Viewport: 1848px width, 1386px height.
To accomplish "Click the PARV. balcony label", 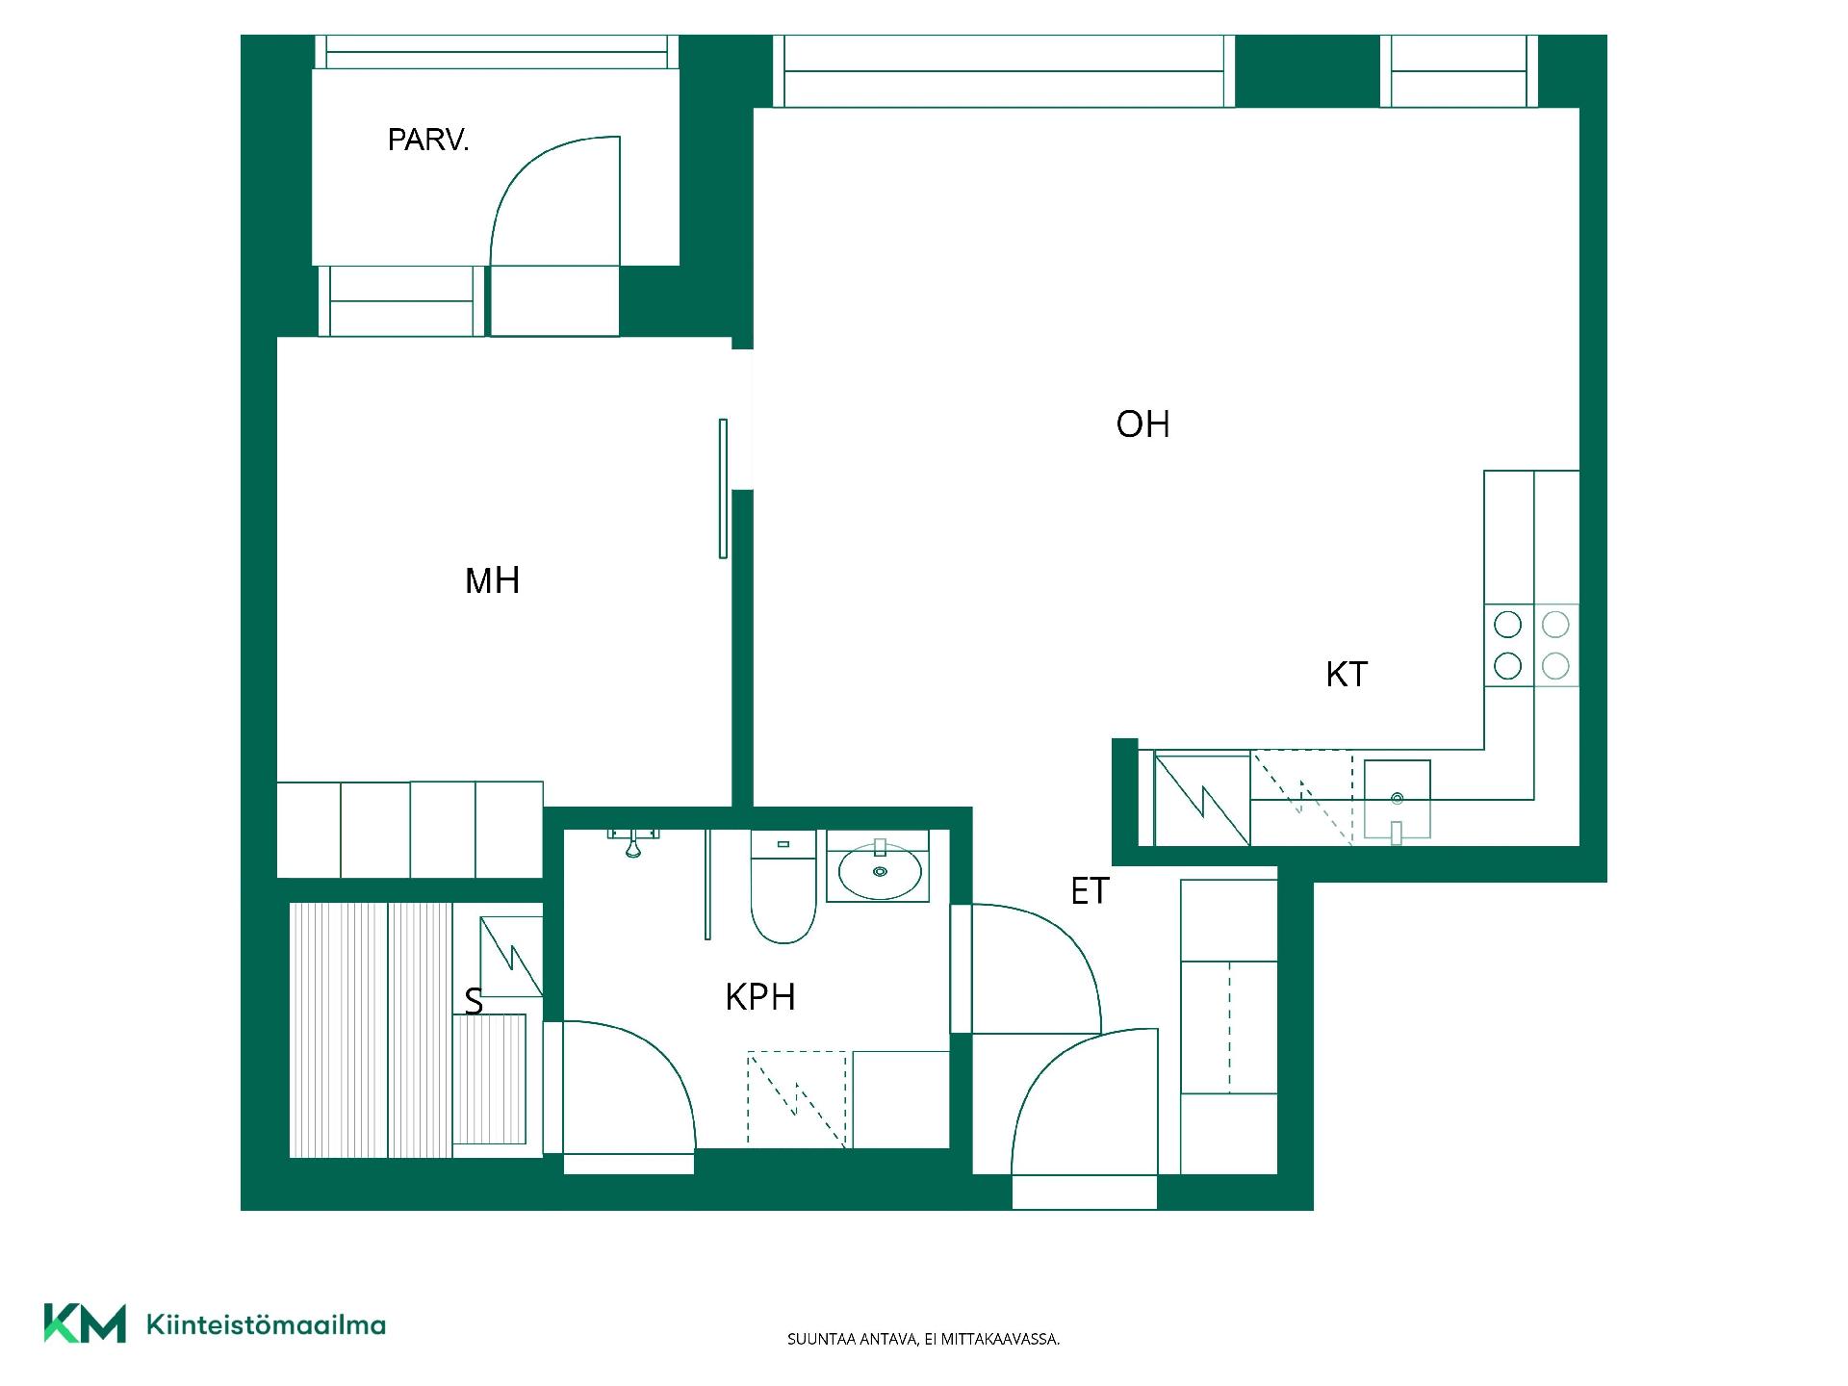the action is point(427,141).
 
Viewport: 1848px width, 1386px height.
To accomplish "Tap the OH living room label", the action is point(1142,423).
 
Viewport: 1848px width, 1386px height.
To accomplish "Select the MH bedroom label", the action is point(492,580).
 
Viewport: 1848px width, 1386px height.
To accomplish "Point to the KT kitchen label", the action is point(1346,674).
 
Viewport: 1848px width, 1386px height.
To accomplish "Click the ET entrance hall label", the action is point(1090,891).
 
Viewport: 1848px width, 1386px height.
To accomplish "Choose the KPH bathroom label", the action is point(760,997).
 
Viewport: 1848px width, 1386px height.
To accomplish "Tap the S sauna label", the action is point(474,1002).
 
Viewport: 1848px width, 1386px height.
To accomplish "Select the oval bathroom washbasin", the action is point(880,871).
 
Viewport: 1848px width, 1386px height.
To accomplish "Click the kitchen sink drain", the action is point(1397,798).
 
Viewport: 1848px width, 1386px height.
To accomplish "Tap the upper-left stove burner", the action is point(1507,625).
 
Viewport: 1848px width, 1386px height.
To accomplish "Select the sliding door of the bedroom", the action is point(723,488).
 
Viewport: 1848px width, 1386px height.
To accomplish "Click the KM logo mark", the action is point(85,1323).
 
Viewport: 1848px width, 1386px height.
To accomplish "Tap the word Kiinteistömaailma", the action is point(266,1324).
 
